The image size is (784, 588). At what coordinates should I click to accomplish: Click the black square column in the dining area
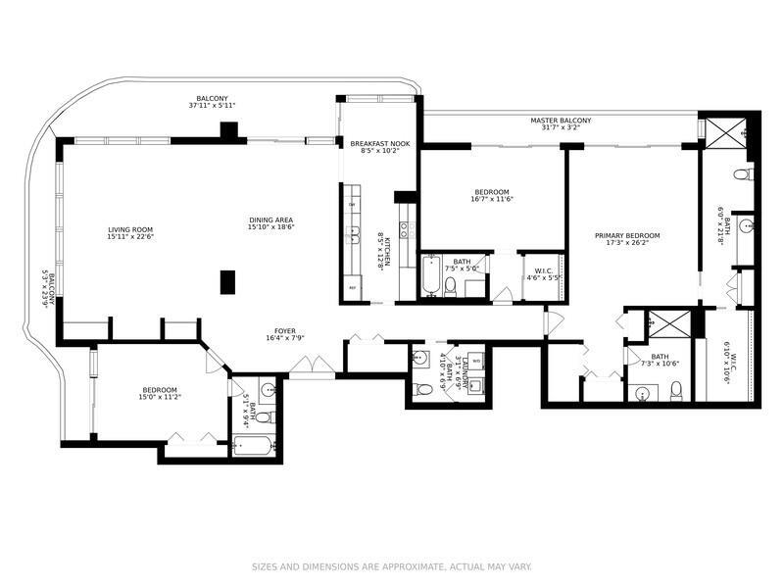pos(228,281)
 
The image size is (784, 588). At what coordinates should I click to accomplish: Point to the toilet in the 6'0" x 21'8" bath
pos(742,174)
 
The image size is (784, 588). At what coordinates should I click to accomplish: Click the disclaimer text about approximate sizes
pos(391,566)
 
